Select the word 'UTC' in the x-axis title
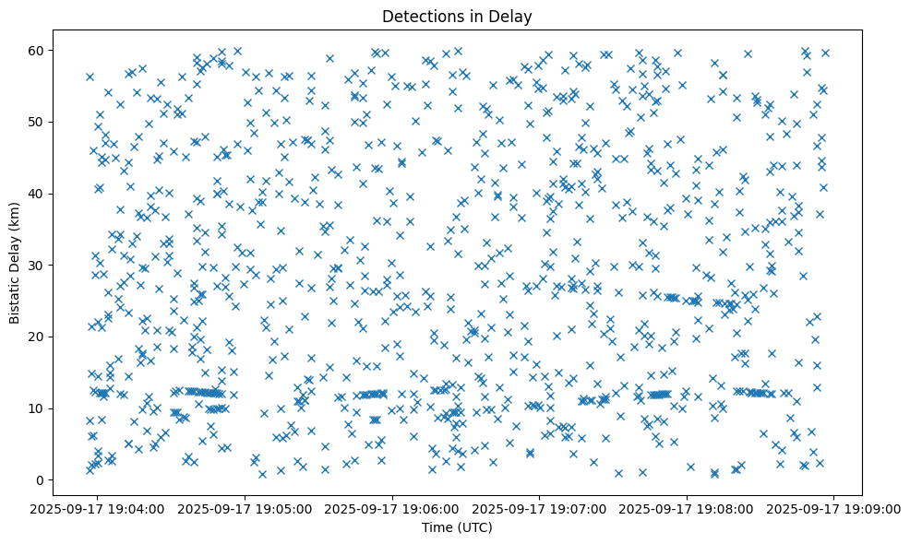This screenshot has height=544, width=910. coord(477,527)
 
